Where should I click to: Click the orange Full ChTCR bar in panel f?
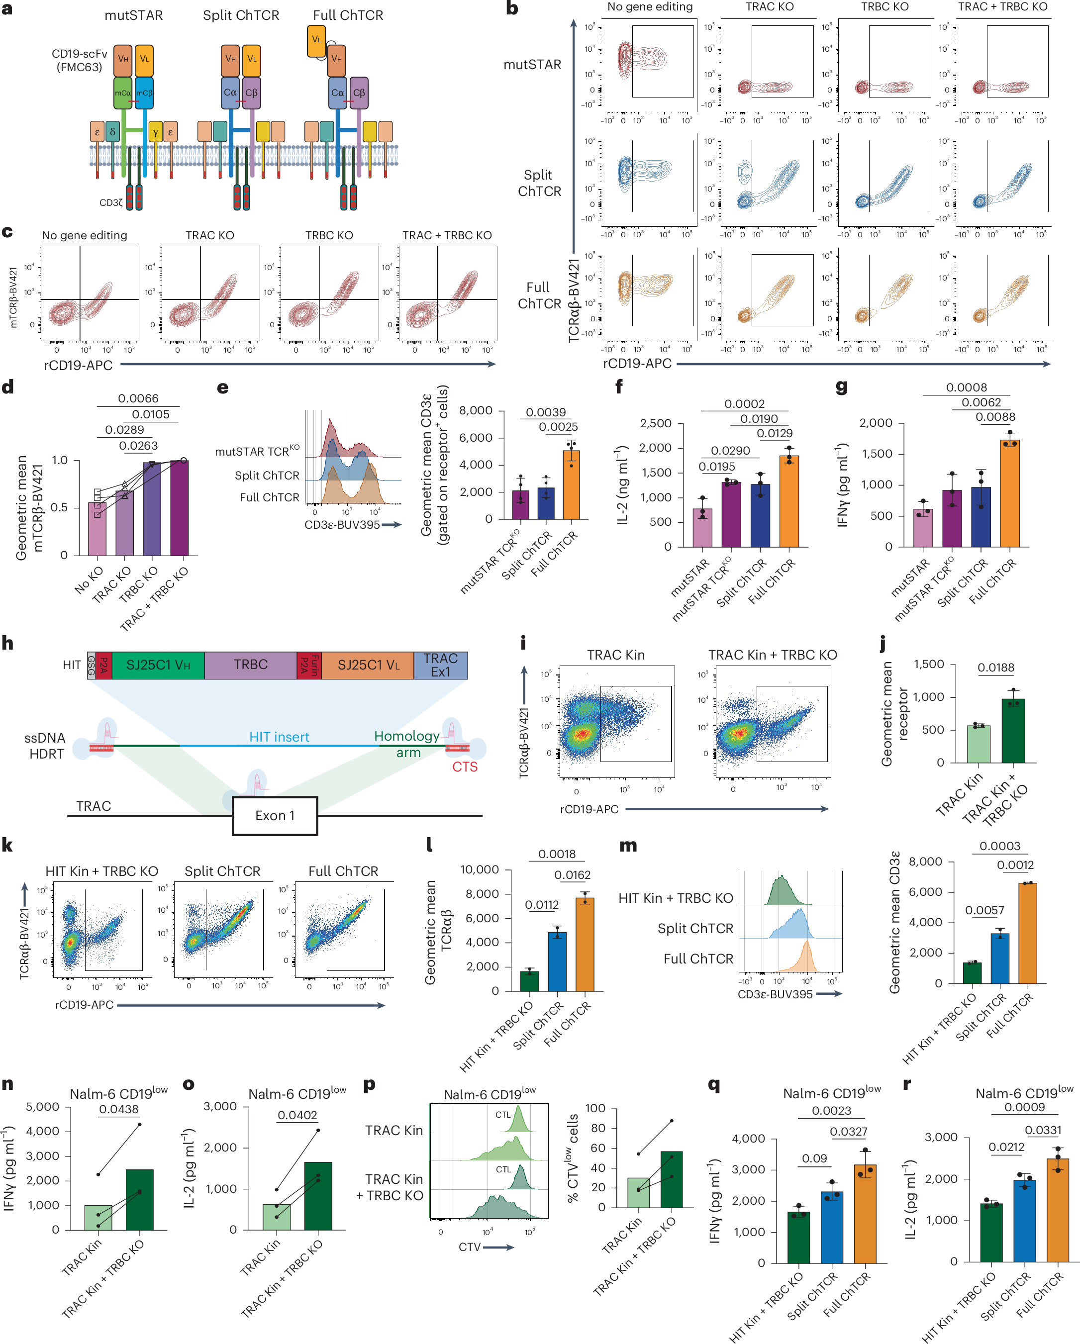789,502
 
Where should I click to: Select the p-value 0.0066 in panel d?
138,398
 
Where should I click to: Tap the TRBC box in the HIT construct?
251,665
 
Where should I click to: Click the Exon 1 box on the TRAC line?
275,815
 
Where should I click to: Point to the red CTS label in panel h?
465,767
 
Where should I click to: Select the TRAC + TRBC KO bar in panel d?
180,508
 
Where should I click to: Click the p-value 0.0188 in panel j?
996,668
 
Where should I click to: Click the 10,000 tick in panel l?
479,869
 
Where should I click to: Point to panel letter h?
7,643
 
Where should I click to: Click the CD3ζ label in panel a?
111,202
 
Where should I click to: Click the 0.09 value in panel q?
814,1158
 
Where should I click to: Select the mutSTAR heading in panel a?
133,15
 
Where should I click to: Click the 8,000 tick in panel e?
475,411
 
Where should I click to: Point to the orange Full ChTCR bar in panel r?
1058,1211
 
